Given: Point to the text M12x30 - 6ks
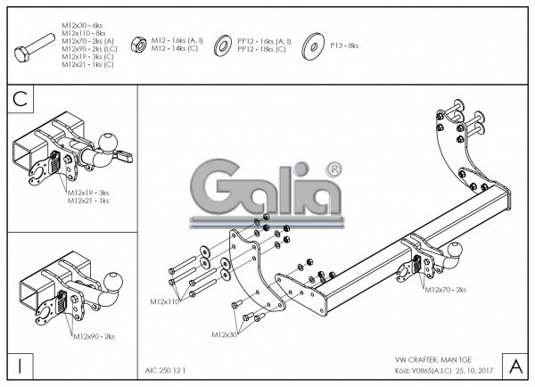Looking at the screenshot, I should coord(82,20).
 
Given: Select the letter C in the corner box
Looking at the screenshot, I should coord(21,98).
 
